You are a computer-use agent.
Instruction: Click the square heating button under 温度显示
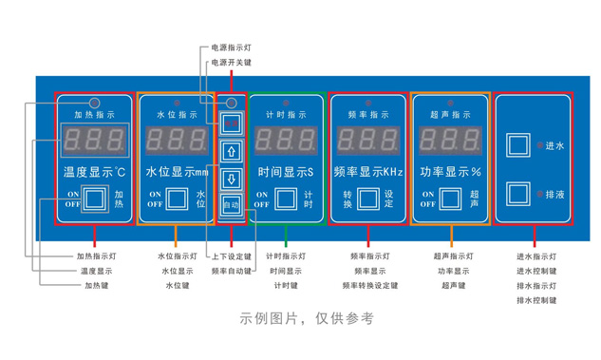pyautogui.click(x=94, y=199)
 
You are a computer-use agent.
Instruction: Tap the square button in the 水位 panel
pyautogui.click(x=178, y=199)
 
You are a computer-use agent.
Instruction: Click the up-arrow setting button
pyautogui.click(x=231, y=150)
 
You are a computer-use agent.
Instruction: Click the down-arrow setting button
pyautogui.click(x=231, y=178)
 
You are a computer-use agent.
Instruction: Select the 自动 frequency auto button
pyautogui.click(x=231, y=203)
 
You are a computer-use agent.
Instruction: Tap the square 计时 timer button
pyautogui.click(x=287, y=199)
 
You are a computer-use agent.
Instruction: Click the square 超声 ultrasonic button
pyautogui.click(x=451, y=199)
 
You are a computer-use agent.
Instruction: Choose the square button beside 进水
pyautogui.click(x=518, y=145)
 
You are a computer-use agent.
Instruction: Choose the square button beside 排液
pyautogui.click(x=518, y=193)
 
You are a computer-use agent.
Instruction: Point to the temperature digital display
pyautogui.click(x=93, y=142)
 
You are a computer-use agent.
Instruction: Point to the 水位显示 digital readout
pyautogui.click(x=177, y=142)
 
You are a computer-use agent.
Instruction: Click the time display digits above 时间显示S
pyautogui.click(x=286, y=142)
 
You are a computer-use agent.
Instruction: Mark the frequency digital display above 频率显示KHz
pyautogui.click(x=368, y=142)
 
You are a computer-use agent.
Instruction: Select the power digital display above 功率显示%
pyautogui.click(x=451, y=142)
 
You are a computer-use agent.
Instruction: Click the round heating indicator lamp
pyautogui.click(x=94, y=102)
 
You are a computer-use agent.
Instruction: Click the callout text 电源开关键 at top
pyautogui.click(x=232, y=63)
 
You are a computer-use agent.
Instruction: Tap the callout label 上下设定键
pyautogui.click(x=232, y=256)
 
